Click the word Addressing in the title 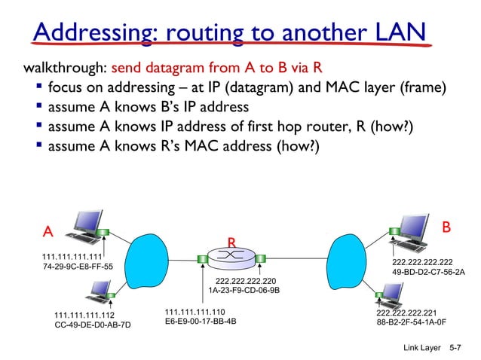coord(95,33)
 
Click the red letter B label coord(446,227)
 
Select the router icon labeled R coord(231,258)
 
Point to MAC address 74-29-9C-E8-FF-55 coord(77,267)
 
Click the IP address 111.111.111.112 coord(85,315)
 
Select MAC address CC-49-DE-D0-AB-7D coord(93,325)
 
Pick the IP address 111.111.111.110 coord(195,310)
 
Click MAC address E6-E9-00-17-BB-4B coord(200,321)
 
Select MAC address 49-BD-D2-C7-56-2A coord(428,272)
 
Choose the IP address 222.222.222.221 coord(406,311)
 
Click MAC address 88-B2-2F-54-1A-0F coord(412,322)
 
